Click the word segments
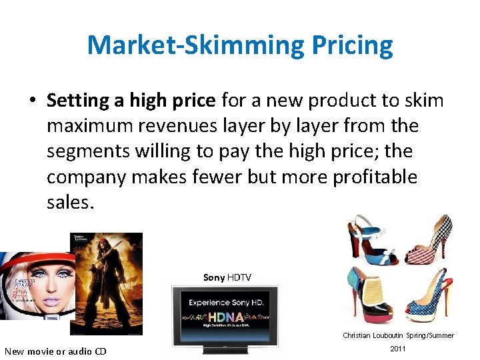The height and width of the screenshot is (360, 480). pos(80,151)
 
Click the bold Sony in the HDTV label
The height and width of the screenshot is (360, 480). pos(213,277)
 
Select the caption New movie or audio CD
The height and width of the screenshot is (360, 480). pos(55,351)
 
